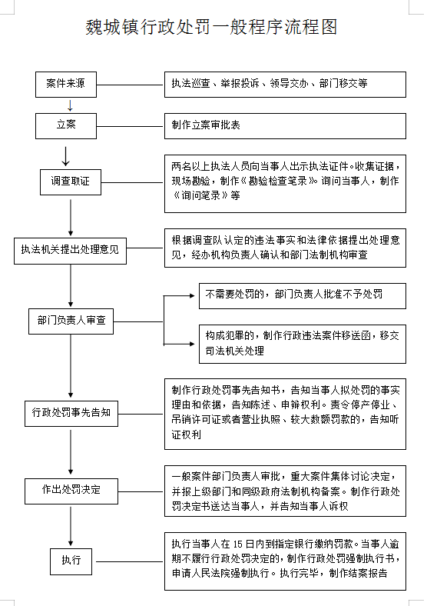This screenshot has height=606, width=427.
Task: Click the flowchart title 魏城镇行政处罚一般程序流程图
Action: [211, 27]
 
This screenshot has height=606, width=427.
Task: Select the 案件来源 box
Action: [66, 85]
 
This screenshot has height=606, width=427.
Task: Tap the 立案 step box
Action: [66, 125]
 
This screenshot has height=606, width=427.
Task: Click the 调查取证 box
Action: [71, 181]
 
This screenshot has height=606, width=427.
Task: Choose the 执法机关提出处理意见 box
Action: [70, 251]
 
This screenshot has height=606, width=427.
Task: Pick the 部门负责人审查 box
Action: [71, 321]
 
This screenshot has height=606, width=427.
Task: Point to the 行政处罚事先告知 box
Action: [71, 414]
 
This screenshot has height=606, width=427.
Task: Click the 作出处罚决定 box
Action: [71, 491]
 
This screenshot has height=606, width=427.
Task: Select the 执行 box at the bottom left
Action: [71, 561]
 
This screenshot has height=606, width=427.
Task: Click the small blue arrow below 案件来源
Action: [70, 105]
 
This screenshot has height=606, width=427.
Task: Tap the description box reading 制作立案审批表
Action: [286, 125]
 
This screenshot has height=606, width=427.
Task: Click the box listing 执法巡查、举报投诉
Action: [286, 85]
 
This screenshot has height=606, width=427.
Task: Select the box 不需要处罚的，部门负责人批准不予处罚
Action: [303, 295]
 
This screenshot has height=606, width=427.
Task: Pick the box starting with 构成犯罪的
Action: [303, 344]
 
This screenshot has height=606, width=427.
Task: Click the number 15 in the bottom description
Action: [238, 544]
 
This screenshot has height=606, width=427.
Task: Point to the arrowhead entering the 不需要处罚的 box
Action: [192, 295]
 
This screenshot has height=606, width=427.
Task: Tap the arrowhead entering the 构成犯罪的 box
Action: [192, 344]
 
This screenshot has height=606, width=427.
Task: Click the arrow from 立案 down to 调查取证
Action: [66, 157]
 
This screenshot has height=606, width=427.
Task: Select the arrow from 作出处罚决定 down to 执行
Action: [71, 526]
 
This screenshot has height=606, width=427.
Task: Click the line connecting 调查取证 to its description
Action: [132, 182]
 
